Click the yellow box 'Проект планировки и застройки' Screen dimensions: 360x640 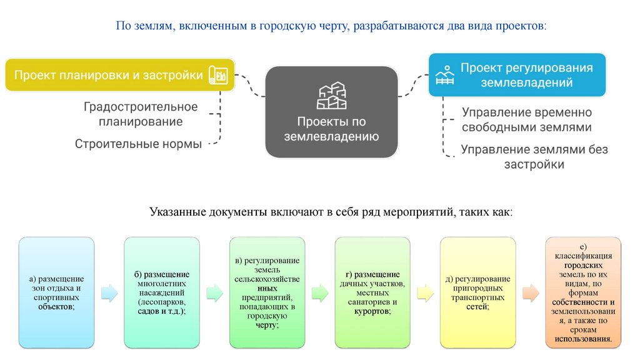pyautogui.click(x=109, y=76)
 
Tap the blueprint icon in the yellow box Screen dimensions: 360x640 pyautogui.click(x=219, y=75)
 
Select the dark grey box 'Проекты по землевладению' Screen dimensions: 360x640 pyautogui.click(x=331, y=112)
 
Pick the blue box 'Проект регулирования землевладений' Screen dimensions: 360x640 pyautogui.click(x=517, y=74)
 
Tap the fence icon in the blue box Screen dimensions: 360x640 pyautogui.click(x=444, y=75)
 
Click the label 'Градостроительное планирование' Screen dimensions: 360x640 pyautogui.click(x=141, y=114)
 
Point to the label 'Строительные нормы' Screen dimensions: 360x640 pyautogui.click(x=138, y=144)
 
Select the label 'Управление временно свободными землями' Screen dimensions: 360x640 pyautogui.click(x=526, y=119)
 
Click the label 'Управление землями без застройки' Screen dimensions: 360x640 pyautogui.click(x=534, y=157)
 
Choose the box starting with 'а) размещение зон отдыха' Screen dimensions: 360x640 pyautogui.click(x=56, y=292)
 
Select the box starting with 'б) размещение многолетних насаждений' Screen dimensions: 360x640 pyautogui.click(x=162, y=292)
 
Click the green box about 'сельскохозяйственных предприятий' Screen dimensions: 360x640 pyautogui.click(x=267, y=292)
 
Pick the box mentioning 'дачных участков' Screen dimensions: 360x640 pyautogui.click(x=372, y=292)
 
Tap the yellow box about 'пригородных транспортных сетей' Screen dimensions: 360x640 pyautogui.click(x=477, y=292)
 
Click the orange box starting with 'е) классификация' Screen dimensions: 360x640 pyautogui.click(x=583, y=292)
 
